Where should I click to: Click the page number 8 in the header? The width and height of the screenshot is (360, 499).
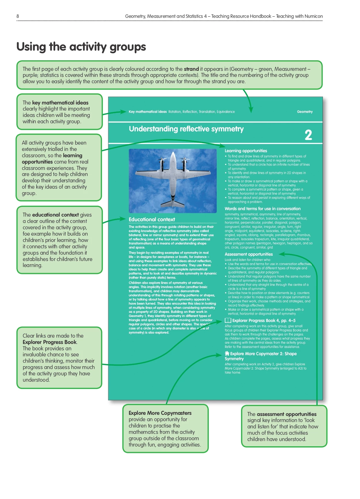[18, 16]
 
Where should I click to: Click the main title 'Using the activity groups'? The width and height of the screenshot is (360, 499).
[81, 47]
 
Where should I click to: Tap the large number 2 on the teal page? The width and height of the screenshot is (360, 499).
[308, 135]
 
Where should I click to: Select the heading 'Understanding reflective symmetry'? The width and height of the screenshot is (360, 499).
[186, 129]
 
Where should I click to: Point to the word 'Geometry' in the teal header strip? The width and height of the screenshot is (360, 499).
[305, 112]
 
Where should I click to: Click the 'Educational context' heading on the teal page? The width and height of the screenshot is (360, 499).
[152, 220]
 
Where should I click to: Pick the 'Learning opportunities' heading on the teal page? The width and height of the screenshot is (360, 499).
[246, 151]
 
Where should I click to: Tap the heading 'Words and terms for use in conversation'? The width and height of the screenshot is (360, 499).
[262, 209]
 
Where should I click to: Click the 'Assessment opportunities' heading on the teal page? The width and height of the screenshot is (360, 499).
[249, 254]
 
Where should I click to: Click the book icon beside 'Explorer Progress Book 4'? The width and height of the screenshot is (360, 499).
[228, 320]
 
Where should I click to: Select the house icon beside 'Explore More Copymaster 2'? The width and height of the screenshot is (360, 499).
[227, 354]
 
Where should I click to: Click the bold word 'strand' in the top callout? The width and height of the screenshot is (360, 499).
[191, 69]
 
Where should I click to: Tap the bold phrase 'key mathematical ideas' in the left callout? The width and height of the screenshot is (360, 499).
[60, 103]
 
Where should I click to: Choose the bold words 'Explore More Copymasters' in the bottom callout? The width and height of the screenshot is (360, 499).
[160, 413]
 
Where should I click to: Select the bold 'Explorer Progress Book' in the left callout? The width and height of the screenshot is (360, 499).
[50, 342]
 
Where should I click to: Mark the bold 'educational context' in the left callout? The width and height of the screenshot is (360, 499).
[55, 215]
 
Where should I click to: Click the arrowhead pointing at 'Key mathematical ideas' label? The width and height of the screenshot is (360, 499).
[124, 112]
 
